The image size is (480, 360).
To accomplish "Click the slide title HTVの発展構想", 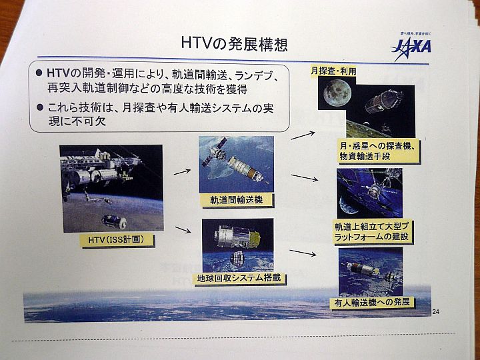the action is click(x=234, y=43).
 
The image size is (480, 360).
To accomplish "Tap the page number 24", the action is click(x=435, y=311).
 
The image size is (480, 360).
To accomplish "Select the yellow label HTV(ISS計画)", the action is click(x=116, y=239).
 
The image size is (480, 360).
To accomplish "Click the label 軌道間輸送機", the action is click(x=236, y=200).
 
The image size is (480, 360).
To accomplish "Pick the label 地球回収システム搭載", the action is click(x=239, y=278).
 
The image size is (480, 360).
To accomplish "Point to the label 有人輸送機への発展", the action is click(x=371, y=302).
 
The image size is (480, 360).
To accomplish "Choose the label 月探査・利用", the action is click(x=333, y=71).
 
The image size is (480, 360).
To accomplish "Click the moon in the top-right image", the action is click(x=337, y=93).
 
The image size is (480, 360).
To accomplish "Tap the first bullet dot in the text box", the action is click(x=39, y=73).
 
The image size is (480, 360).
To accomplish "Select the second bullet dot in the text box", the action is click(x=39, y=107).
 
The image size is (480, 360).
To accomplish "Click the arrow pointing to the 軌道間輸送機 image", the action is click(x=182, y=172).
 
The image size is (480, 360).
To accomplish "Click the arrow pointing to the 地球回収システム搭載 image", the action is click(x=183, y=229).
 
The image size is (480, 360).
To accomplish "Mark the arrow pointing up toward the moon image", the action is click(x=303, y=135).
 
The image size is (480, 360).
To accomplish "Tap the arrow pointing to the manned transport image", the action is click(x=303, y=253).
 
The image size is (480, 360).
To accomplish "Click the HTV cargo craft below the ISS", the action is click(x=114, y=221).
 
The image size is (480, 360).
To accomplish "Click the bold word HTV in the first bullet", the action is click(x=59, y=73).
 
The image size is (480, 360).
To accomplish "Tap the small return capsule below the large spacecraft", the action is click(x=237, y=259).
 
